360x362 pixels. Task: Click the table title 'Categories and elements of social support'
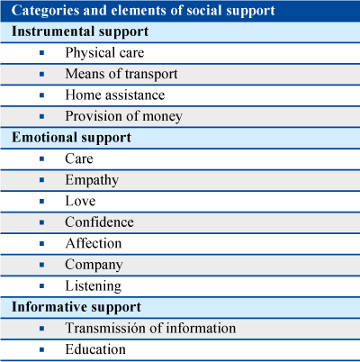pyautogui.click(x=143, y=11)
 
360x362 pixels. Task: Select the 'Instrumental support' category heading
pyautogui.click(x=80, y=32)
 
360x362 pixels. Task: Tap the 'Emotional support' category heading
pyautogui.click(x=71, y=138)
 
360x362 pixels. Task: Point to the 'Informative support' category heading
pyautogui.click(x=76, y=307)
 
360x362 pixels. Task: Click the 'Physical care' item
pyautogui.click(x=104, y=53)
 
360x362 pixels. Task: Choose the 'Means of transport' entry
pyautogui.click(x=121, y=74)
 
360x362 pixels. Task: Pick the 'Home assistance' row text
pyautogui.click(x=115, y=95)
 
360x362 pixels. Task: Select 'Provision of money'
pyautogui.click(x=124, y=116)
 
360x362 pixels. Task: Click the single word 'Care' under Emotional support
pyautogui.click(x=79, y=158)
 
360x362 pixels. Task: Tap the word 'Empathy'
pyautogui.click(x=92, y=180)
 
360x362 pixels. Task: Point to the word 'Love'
pyautogui.click(x=80, y=201)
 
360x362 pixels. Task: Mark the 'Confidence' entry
pyautogui.click(x=99, y=222)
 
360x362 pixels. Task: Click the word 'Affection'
pyautogui.click(x=94, y=243)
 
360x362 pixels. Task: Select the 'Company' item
pyautogui.click(x=94, y=265)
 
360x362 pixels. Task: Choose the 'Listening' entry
pyautogui.click(x=94, y=286)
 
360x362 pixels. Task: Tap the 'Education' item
pyautogui.click(x=95, y=349)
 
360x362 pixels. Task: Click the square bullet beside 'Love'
pyautogui.click(x=41, y=202)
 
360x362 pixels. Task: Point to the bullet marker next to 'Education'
pyautogui.click(x=41, y=349)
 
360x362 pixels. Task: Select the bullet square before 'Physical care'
pyautogui.click(x=41, y=53)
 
